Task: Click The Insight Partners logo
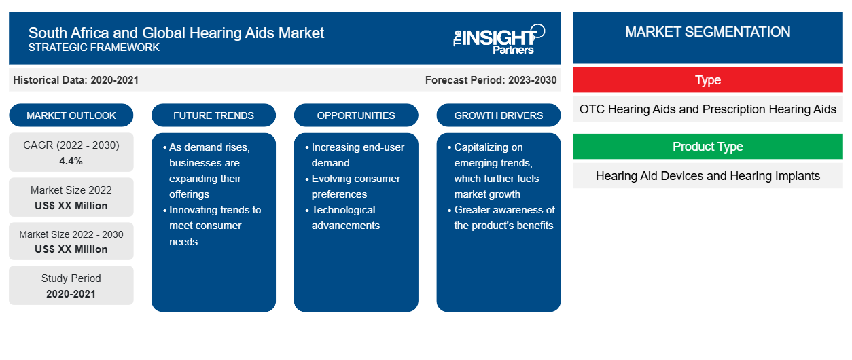tap(499, 39)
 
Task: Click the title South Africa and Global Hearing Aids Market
tap(176, 33)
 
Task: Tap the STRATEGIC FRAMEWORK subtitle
tap(94, 48)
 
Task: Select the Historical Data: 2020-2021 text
tap(75, 80)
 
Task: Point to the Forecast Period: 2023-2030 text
tap(491, 80)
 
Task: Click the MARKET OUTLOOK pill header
tap(71, 115)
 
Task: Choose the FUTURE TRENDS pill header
tap(213, 115)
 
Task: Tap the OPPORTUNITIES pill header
tap(356, 115)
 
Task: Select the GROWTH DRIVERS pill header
tap(498, 115)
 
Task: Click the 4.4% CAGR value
tap(71, 161)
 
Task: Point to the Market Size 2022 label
tap(71, 190)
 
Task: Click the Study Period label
tap(71, 278)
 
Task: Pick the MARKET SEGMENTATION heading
tap(707, 32)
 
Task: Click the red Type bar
tap(708, 80)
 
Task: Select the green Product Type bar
tap(708, 146)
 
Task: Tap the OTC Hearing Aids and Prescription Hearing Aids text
tap(708, 109)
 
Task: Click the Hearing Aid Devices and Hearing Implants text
tap(708, 176)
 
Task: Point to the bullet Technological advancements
tap(342, 217)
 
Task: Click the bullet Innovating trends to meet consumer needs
tap(212, 226)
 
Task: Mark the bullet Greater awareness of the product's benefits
tap(501, 217)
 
